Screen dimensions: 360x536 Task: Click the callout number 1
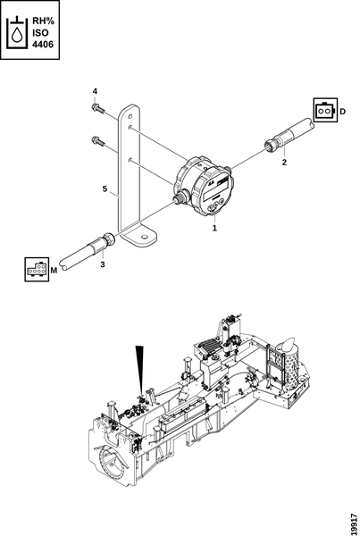click(x=214, y=228)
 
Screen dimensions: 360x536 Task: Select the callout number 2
click(x=284, y=163)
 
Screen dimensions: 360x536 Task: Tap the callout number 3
click(x=103, y=264)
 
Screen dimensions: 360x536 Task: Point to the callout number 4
click(x=95, y=91)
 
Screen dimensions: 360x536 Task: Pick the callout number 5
click(x=105, y=188)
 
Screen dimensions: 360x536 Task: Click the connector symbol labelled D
click(x=325, y=111)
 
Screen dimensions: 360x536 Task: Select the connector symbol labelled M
click(x=37, y=270)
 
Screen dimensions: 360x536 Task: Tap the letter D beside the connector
click(x=342, y=112)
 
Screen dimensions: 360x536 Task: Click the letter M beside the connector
click(x=54, y=271)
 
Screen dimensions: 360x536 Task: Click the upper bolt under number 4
click(x=97, y=108)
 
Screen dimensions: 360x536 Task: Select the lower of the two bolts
click(x=97, y=140)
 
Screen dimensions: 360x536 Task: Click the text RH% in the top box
click(x=43, y=21)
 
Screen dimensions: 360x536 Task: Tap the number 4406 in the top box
click(x=43, y=45)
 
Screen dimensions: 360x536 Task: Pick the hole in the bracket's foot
click(x=145, y=237)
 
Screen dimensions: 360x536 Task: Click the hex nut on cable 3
click(x=108, y=239)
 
